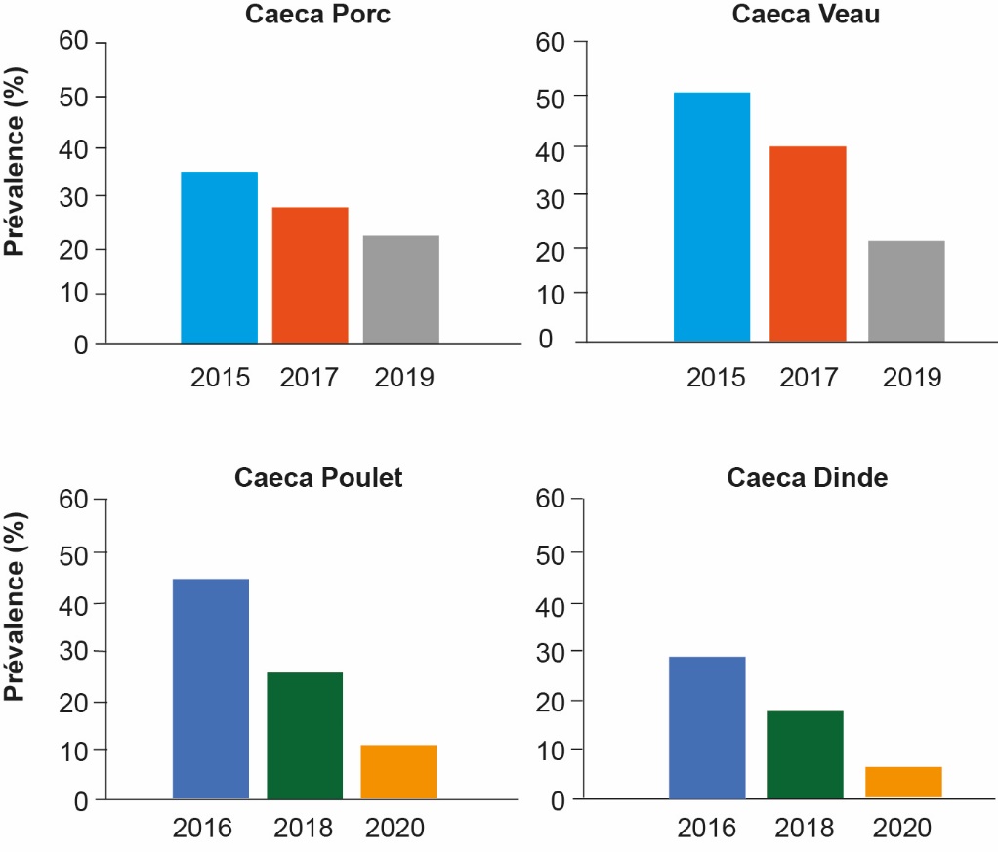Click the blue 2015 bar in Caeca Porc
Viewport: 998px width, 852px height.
(x=220, y=258)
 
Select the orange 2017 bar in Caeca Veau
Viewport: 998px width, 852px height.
(x=808, y=244)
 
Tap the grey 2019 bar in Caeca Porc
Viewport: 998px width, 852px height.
(x=400, y=290)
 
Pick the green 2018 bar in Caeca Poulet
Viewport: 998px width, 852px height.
(x=305, y=736)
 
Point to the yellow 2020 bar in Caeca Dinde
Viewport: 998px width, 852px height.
(x=904, y=783)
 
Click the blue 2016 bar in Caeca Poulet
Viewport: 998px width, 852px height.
(x=211, y=689)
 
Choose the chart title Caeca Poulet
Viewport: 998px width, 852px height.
(x=318, y=478)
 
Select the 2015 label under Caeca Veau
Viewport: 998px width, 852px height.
(x=716, y=377)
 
